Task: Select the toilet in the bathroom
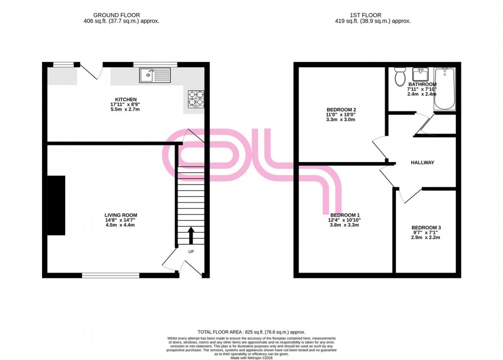pos(400,77)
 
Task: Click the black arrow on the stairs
pos(191,236)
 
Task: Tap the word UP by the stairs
pos(191,252)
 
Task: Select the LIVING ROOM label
pos(121,215)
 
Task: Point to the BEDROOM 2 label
pos(341,110)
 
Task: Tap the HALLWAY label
pos(422,163)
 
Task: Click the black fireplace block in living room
pos(56,205)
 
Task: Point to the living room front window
pos(110,275)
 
